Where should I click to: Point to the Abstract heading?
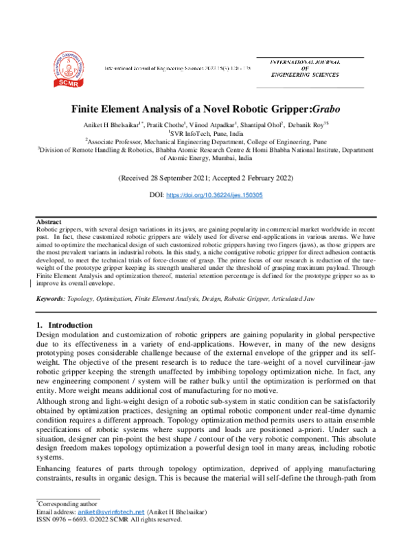coord(49,223)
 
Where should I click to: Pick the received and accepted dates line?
coord(206,178)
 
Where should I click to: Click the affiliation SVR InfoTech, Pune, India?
coord(207,134)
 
